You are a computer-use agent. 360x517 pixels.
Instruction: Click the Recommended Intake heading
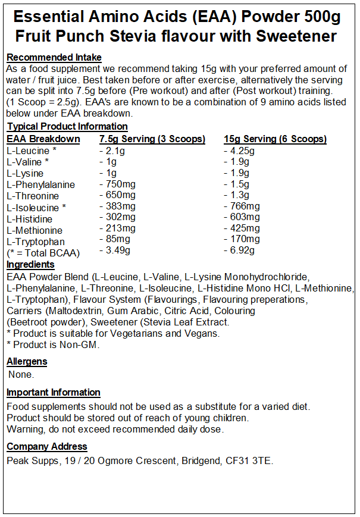[54, 58]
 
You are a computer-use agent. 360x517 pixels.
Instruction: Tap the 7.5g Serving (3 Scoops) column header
[152, 139]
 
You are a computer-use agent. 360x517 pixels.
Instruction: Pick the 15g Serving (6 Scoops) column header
[275, 139]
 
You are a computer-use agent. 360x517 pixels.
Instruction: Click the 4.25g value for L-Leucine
[240, 151]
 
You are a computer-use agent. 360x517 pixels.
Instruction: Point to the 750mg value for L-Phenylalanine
[118, 184]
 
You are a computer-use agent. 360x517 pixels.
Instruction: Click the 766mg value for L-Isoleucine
[243, 207]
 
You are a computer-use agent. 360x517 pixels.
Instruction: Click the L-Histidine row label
[30, 218]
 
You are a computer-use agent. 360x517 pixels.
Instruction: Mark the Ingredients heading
[30, 264]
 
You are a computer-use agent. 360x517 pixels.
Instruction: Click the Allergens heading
[27, 361]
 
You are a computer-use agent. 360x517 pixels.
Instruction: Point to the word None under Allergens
[21, 375]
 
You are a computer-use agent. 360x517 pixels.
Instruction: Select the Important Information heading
[54, 392]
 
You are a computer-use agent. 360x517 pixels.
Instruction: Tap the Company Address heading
[47, 446]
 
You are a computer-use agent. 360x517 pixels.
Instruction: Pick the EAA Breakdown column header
[43, 139]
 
